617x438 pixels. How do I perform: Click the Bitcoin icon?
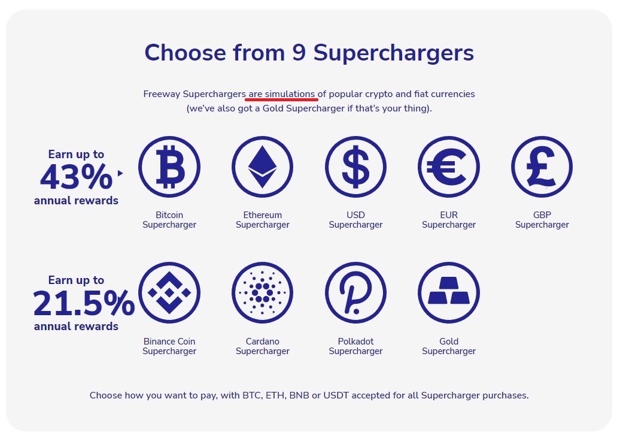pos(169,167)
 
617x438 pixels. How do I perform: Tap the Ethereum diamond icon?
pos(263,167)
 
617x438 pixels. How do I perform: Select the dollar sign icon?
pos(355,167)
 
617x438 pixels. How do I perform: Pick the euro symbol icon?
pos(449,167)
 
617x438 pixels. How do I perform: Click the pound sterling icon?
pos(542,167)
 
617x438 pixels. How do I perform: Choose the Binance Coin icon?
pos(169,293)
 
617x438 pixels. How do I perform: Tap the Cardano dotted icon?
pos(263,293)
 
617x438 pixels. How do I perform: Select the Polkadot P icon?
pos(355,293)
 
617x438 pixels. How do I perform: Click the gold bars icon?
pos(449,293)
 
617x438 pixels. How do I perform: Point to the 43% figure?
pos(77,177)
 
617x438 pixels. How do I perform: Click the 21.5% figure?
pos(84,303)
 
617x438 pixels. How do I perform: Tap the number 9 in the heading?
pos(299,52)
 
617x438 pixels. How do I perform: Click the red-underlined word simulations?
pos(290,94)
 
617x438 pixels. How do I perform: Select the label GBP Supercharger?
pos(542,220)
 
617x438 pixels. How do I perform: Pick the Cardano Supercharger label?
pos(263,346)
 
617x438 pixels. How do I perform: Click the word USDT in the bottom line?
pos(336,395)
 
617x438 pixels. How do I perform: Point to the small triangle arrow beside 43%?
pos(120,173)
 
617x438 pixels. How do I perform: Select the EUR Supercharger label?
pos(449,220)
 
